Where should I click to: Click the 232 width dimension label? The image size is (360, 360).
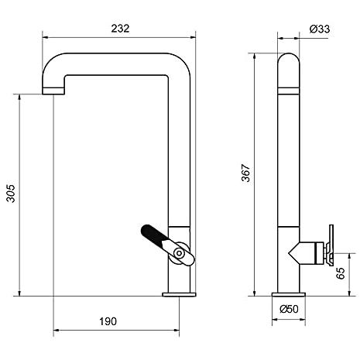click(120, 29)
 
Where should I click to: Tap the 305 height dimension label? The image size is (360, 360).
click(11, 194)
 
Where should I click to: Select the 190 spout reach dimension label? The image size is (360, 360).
click(108, 321)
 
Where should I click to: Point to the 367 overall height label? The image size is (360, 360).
click(246, 173)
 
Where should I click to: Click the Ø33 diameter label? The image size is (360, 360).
click(320, 29)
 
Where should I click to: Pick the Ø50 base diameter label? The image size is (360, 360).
click(289, 309)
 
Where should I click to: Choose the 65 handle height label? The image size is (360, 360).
click(341, 273)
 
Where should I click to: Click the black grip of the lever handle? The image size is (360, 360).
click(153, 234)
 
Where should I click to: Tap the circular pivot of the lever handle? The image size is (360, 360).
click(179, 253)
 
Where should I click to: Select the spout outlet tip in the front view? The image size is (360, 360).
click(53, 91)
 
